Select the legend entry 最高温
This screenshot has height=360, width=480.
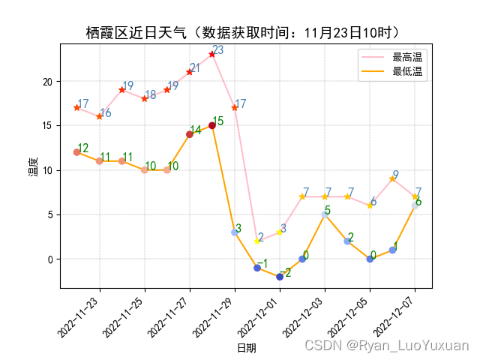[x=407, y=57]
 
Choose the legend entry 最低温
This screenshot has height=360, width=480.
[x=407, y=71]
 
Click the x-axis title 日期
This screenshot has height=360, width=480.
[x=246, y=348]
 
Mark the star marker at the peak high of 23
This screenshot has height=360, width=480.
[x=212, y=54]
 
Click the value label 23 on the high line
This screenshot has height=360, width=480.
[x=218, y=50]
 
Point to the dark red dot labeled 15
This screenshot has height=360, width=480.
[x=212, y=125]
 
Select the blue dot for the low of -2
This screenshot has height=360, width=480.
[x=280, y=277]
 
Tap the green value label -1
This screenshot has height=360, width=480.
[x=262, y=262]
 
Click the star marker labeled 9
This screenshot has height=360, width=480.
[x=392, y=178]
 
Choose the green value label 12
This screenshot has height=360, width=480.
[x=82, y=148]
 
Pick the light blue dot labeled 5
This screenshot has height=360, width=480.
[x=325, y=214]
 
